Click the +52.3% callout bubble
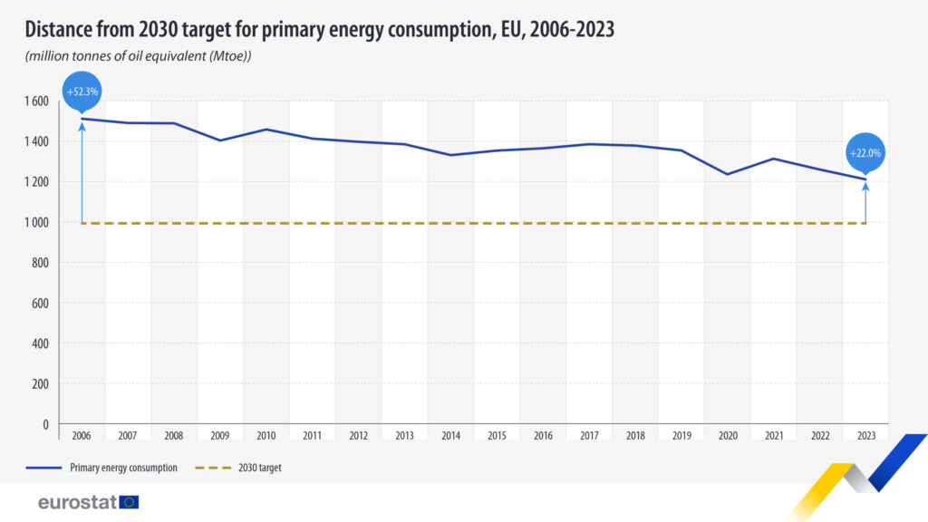(x=82, y=91)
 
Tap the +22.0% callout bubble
(x=865, y=152)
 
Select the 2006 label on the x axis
(x=82, y=436)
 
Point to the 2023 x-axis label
(x=865, y=436)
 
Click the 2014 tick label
(x=450, y=436)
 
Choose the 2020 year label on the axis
(x=727, y=436)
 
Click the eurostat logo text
(x=76, y=502)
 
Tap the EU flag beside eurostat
(x=129, y=502)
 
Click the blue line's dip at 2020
(x=727, y=174)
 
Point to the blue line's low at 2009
(x=220, y=140)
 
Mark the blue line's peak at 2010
(x=266, y=130)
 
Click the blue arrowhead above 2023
(x=865, y=187)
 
